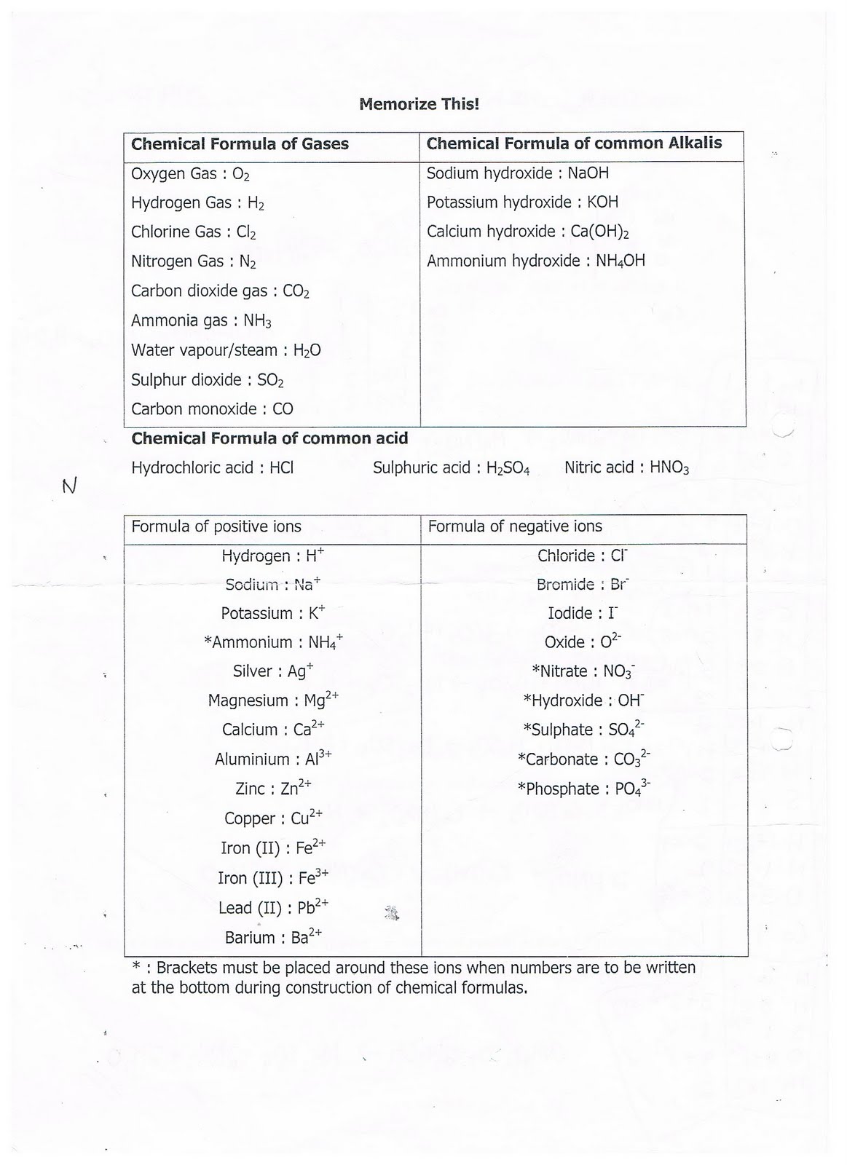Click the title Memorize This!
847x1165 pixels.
(x=419, y=104)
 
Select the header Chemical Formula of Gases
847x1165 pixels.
(x=240, y=144)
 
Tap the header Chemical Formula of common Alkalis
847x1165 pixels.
(x=574, y=143)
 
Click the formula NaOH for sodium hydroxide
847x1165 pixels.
(x=588, y=173)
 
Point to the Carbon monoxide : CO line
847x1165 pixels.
(x=212, y=409)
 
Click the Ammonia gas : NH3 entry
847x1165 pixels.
(x=201, y=321)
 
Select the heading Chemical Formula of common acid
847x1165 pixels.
(x=269, y=438)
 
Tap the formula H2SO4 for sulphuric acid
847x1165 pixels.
(x=508, y=468)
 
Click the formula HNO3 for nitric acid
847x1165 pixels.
(x=669, y=468)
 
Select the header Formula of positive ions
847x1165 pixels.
(x=216, y=526)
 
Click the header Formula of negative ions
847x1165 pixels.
(x=515, y=526)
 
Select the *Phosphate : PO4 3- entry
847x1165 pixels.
(x=584, y=789)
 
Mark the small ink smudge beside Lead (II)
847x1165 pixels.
(x=393, y=912)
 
